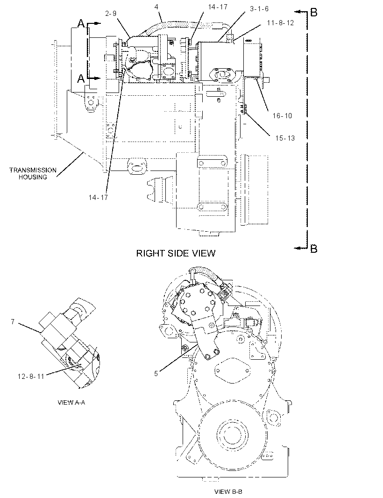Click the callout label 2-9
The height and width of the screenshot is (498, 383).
click(111, 13)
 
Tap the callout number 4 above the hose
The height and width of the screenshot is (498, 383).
click(156, 7)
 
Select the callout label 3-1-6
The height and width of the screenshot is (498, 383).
click(259, 8)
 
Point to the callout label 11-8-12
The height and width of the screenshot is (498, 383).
click(280, 23)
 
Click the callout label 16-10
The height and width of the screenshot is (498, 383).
click(282, 115)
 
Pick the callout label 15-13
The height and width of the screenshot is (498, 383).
click(285, 138)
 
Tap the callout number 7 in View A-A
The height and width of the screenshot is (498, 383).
click(13, 322)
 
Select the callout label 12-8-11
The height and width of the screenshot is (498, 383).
click(31, 377)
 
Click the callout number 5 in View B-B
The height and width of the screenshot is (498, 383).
click(156, 374)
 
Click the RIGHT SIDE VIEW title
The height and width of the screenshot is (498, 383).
click(176, 253)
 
